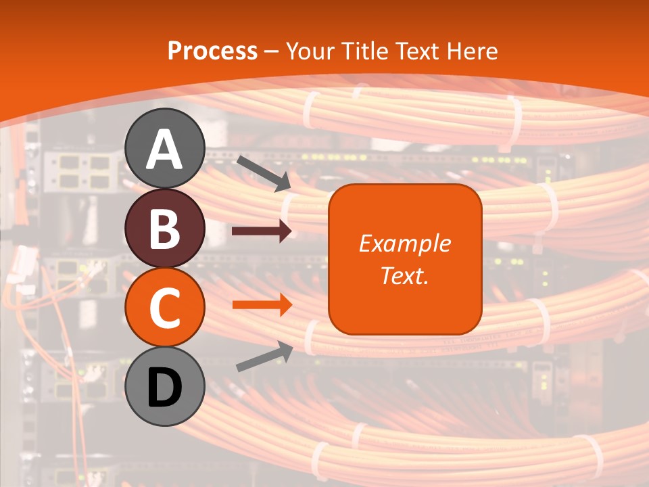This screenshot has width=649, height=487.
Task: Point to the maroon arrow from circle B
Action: [262, 231]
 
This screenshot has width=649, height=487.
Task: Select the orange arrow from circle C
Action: [262, 304]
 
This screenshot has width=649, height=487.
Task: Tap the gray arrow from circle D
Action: [264, 356]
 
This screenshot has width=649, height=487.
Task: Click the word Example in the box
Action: [405, 243]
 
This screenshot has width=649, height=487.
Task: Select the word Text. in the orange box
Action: [405, 275]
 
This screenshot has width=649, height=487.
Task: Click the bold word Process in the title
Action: [212, 51]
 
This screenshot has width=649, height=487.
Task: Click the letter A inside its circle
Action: [165, 149]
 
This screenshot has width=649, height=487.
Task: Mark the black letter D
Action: [165, 389]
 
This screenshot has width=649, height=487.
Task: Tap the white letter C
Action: [165, 308]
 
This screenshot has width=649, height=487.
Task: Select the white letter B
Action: [165, 229]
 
